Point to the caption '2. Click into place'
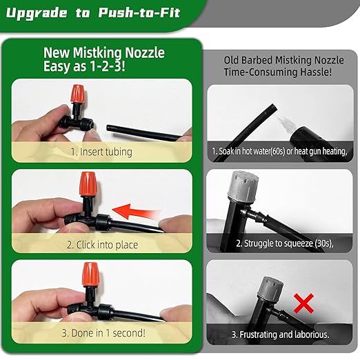102,245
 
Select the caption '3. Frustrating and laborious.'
281,334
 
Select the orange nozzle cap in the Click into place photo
87,184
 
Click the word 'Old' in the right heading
233,60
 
